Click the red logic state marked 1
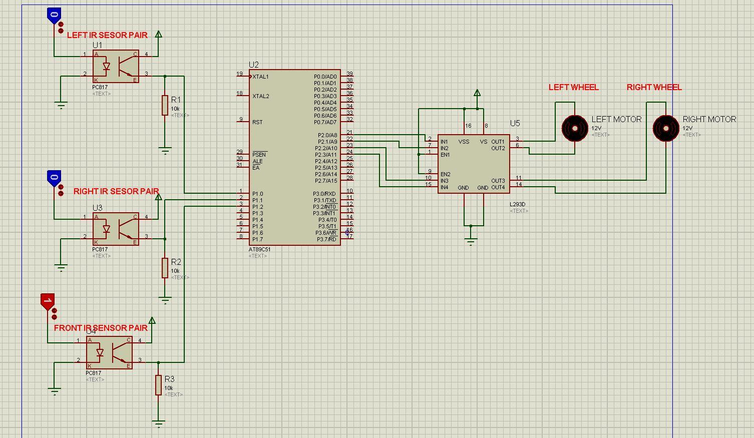47,301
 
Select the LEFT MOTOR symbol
574,129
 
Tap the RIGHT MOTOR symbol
665,129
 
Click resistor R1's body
165,106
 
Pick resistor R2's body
165,268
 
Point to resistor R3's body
158,385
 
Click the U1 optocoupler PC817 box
116,66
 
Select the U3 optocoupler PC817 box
116,229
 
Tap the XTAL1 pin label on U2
260,77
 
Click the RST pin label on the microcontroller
257,122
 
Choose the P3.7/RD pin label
327,239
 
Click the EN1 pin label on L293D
445,155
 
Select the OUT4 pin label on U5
498,188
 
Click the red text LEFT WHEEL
573,87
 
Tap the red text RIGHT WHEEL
654,87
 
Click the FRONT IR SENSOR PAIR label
101,328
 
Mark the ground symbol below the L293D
471,241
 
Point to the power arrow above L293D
477,93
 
